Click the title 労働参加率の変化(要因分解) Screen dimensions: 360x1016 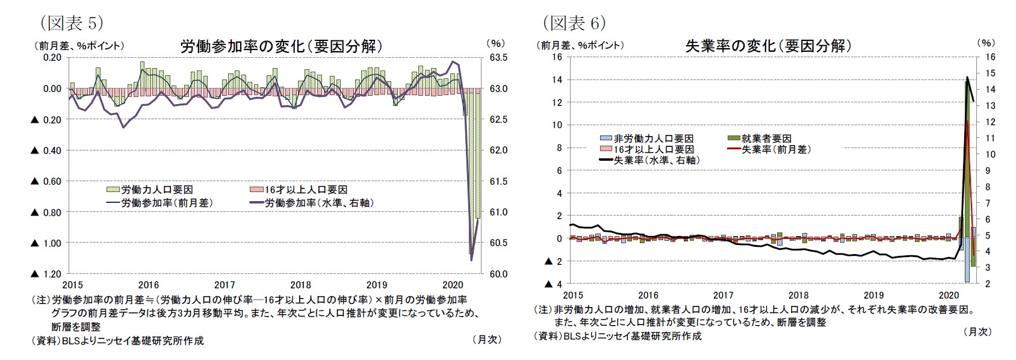click(281, 46)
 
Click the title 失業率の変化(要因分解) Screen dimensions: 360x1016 click(768, 46)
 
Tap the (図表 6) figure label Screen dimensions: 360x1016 click(574, 23)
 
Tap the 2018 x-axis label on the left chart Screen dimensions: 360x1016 click(300, 285)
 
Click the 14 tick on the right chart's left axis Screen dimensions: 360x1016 click(557, 79)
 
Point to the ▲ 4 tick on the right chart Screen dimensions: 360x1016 click(553, 284)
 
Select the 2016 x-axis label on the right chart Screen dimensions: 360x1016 click(648, 295)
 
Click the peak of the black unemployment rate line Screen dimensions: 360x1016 click(967, 78)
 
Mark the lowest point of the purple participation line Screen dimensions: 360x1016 click(471, 260)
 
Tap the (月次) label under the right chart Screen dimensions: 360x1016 click(977, 331)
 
